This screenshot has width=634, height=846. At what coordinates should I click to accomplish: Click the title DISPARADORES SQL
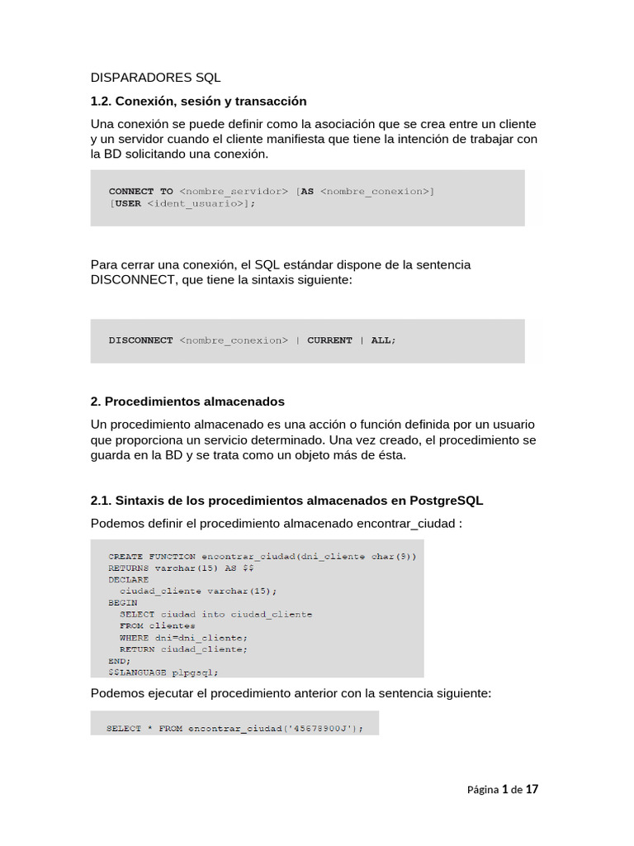[155, 78]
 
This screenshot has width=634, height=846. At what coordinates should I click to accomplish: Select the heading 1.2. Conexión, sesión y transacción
[198, 101]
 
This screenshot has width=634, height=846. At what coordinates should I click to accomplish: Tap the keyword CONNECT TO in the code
[141, 191]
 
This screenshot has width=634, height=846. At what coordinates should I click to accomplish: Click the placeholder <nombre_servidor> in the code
[234, 191]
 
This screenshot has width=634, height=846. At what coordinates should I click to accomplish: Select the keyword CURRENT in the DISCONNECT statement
[329, 340]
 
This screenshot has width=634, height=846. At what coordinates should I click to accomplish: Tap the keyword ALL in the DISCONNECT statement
[381, 340]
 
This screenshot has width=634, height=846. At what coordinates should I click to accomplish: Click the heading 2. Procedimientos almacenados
[187, 402]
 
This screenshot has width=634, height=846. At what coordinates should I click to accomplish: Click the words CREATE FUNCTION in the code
[152, 557]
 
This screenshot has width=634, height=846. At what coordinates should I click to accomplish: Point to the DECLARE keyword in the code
[129, 580]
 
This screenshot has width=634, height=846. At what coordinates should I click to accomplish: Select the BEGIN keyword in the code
[123, 603]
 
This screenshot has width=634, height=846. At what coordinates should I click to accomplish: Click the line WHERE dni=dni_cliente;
[183, 638]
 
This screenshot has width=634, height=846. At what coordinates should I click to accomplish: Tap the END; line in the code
[119, 661]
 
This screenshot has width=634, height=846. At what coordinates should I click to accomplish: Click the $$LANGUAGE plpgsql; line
[163, 673]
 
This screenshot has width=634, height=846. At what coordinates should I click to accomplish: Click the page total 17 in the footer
[532, 790]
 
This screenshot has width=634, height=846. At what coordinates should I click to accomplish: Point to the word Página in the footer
[483, 790]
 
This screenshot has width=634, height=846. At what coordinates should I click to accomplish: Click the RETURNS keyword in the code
[129, 568]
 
